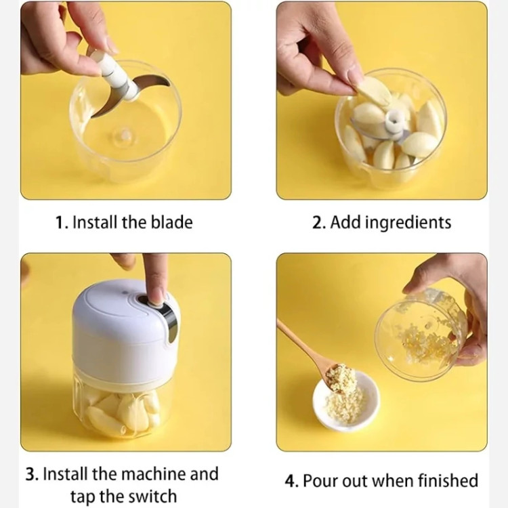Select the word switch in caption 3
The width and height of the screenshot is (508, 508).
[x=152, y=496]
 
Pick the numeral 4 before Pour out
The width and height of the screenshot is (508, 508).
[x=290, y=481]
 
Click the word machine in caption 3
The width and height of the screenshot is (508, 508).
[x=154, y=474]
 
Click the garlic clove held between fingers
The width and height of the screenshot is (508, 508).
[x=373, y=91]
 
